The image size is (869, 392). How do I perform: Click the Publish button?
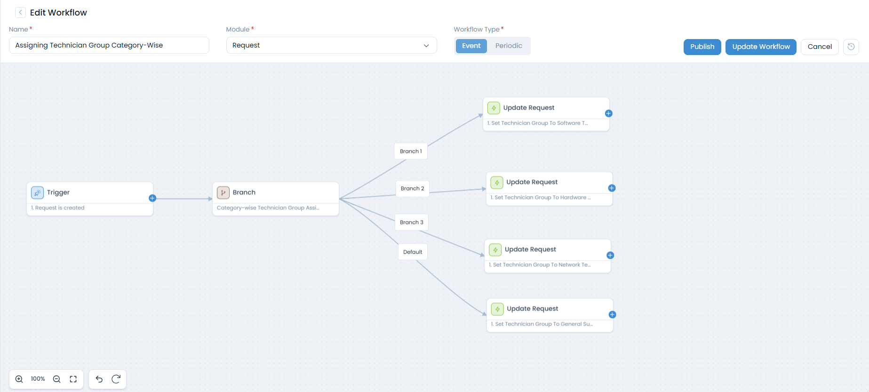tap(702, 47)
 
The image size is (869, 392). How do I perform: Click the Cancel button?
tap(819, 47)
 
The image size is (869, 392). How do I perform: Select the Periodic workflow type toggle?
tap(508, 46)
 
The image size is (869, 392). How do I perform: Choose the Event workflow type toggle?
tap(471, 46)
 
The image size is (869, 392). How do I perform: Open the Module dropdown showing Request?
tap(331, 45)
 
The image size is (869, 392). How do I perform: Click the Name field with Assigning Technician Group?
tap(109, 45)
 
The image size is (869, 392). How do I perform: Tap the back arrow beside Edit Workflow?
tap(20, 12)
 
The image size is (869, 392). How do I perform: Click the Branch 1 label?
tap(411, 151)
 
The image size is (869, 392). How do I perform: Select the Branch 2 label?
tap(412, 188)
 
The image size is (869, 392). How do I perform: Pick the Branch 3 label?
tap(412, 222)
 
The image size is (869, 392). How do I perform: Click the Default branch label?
tap(413, 252)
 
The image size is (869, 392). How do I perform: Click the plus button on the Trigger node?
tap(152, 198)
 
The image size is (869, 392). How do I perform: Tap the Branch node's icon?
tap(223, 192)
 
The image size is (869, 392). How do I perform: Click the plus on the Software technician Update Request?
tap(608, 113)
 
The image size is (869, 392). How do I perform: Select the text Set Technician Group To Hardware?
tap(540, 198)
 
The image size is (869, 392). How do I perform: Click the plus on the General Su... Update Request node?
tap(612, 314)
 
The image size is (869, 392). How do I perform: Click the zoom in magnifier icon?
tap(19, 379)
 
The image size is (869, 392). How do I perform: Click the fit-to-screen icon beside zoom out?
tap(73, 379)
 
